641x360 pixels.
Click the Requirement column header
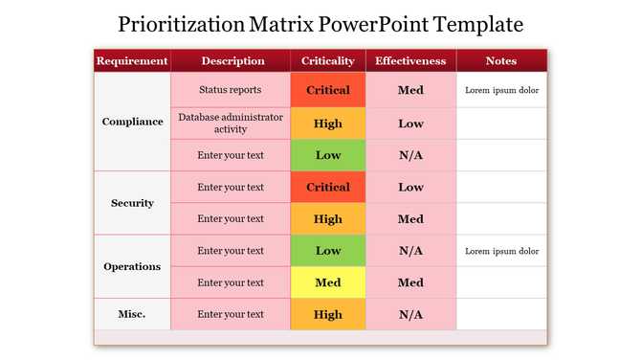coord(132,61)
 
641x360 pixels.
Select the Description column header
coord(232,61)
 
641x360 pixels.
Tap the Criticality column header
coord(328,61)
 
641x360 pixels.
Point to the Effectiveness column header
coord(410,61)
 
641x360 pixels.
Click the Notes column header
coord(501,61)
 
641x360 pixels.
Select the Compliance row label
coord(132,123)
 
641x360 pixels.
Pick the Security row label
coord(132,203)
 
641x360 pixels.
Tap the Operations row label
coord(132,266)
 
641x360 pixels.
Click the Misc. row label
coord(132,314)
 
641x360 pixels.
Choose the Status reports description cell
coord(231,91)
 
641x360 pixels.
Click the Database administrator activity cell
coord(231,123)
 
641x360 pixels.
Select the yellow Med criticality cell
coord(328,282)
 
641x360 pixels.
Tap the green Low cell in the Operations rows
coord(328,251)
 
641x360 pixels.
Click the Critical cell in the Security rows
coord(328,188)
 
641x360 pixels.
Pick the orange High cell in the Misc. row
coord(328,314)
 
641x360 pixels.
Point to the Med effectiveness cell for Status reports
coord(410,91)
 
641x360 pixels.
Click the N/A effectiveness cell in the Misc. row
coord(410,314)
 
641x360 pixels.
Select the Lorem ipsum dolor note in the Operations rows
coord(501,251)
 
